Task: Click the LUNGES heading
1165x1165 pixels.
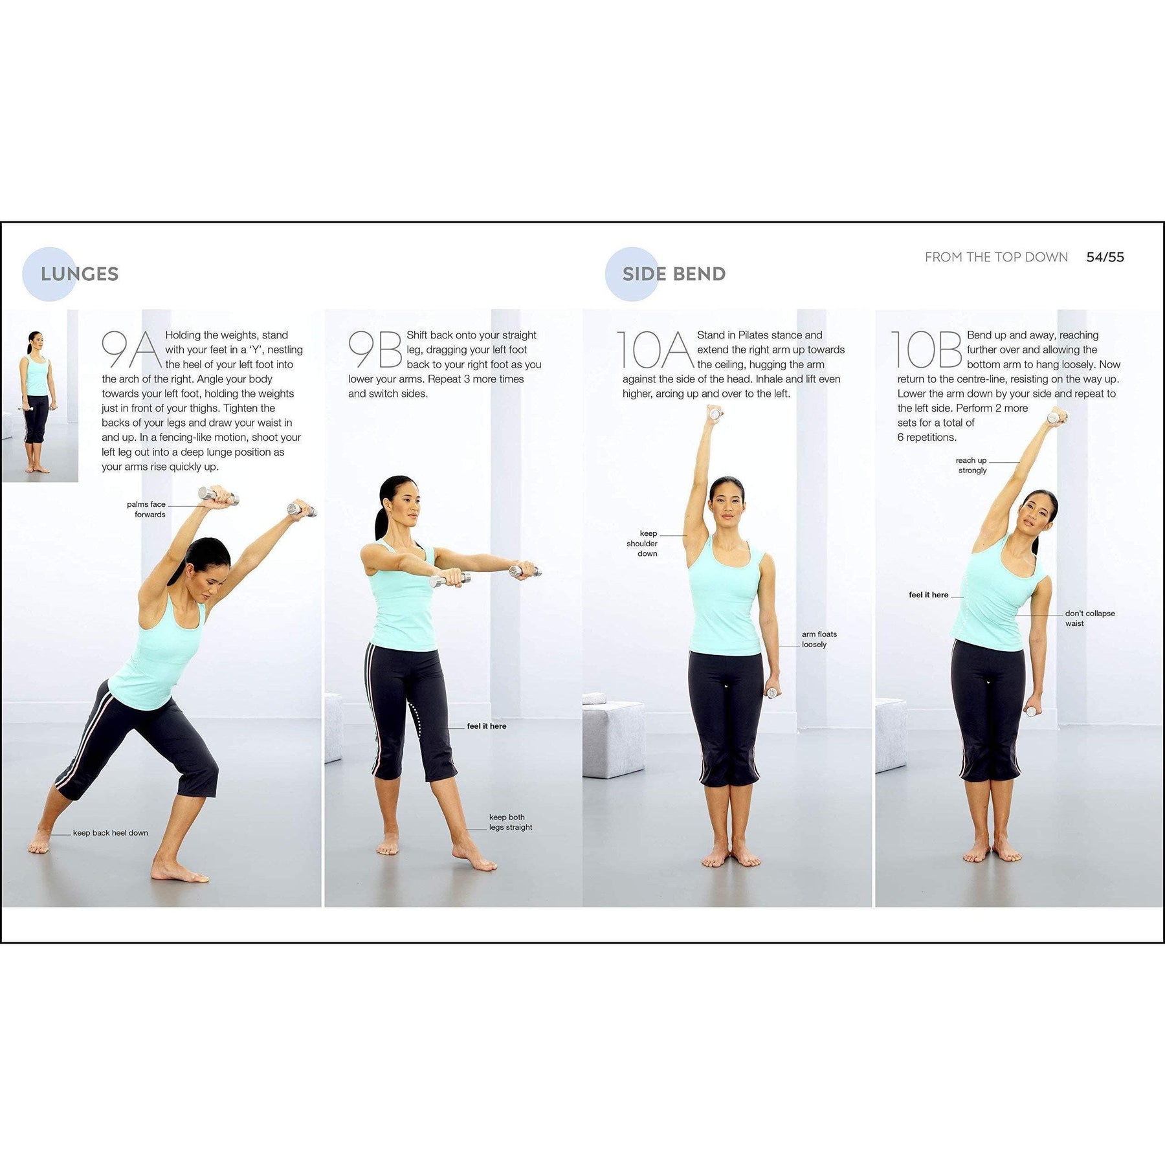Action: [x=80, y=274]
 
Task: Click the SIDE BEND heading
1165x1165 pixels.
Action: [x=674, y=274]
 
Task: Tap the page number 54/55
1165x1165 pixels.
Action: [x=1105, y=257]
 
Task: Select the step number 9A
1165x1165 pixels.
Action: [x=130, y=350]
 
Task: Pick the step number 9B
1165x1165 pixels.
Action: [x=375, y=350]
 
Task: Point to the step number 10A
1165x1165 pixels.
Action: [x=655, y=350]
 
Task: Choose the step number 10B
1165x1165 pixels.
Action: [x=927, y=350]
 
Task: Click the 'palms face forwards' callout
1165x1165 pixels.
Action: [x=146, y=509]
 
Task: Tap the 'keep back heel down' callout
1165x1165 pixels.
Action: [x=111, y=833]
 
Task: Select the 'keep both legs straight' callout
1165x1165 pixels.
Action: [x=511, y=822]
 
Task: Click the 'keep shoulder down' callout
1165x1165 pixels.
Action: [x=643, y=544]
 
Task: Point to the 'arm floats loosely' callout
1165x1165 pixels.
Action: [x=819, y=639]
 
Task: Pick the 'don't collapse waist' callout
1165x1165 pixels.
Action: [x=1090, y=618]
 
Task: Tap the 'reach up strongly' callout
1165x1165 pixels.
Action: [x=971, y=465]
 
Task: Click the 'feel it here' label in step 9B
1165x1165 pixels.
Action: [x=487, y=726]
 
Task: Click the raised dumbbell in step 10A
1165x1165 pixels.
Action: [x=715, y=414]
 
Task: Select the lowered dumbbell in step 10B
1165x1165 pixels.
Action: [x=1030, y=710]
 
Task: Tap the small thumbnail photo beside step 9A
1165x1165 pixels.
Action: [x=40, y=396]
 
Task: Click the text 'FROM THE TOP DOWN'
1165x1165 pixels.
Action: [x=996, y=257]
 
